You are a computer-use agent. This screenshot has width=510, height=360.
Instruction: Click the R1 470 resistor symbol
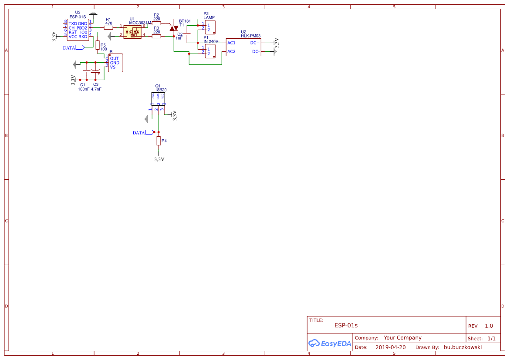tap(108, 27)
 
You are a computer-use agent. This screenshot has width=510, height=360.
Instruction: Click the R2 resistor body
tap(156, 23)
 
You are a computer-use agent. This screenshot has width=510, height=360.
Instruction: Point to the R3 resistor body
tap(156, 36)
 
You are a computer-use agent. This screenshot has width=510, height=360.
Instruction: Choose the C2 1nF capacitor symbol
tap(187, 34)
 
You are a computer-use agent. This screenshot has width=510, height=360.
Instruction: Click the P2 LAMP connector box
tap(210, 27)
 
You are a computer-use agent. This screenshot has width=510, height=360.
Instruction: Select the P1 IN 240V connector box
tap(210, 51)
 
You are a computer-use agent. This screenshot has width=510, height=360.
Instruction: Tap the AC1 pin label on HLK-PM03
tap(231, 43)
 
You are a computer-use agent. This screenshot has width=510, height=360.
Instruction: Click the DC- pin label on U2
tap(256, 51)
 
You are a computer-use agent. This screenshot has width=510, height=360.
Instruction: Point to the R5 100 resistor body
tap(98, 45)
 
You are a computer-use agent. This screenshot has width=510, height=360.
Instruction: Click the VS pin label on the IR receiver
tap(113, 67)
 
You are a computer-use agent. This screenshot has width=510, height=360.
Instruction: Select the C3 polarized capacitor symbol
tap(96, 71)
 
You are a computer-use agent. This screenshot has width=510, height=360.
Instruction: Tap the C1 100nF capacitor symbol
tap(86, 71)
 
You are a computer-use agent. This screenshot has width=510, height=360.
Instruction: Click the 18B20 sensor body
tap(158, 98)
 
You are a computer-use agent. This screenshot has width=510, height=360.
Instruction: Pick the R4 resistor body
tap(159, 141)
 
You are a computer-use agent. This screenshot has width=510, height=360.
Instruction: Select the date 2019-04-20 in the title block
tap(390, 347)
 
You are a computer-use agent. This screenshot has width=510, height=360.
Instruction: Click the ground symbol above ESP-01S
tap(93, 15)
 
